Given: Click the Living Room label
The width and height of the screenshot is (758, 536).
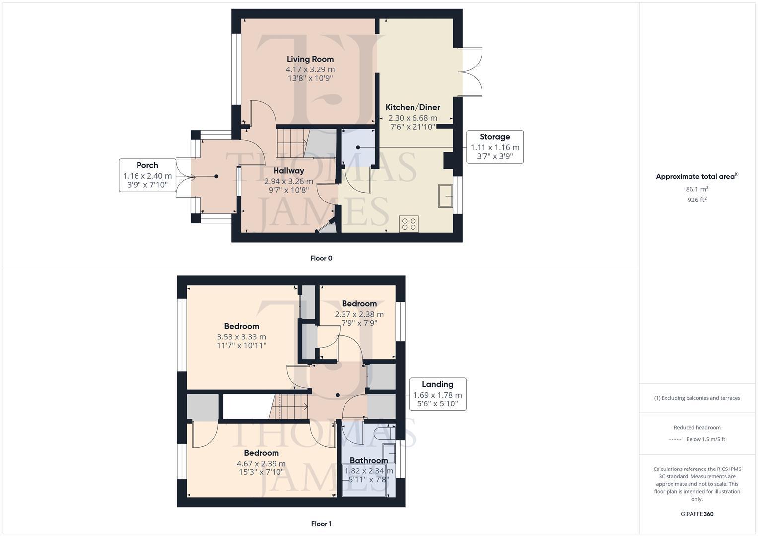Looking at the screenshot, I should click(x=310, y=59).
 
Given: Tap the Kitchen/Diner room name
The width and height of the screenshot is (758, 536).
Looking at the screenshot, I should click(x=413, y=107).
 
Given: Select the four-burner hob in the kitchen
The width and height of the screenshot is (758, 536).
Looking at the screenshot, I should click(x=409, y=224).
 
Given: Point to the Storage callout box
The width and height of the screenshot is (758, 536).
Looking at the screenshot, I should click(x=494, y=147).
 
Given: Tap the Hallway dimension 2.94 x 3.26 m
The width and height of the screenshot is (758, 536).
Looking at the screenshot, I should click(x=288, y=181).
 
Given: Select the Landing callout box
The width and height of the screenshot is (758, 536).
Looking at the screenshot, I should click(x=437, y=394).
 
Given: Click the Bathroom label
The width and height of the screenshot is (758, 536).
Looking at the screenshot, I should click(x=368, y=460).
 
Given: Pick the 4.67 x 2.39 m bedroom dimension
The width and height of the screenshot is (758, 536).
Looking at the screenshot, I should click(x=261, y=464).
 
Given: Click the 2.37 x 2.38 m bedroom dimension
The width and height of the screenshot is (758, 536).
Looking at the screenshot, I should click(x=359, y=314).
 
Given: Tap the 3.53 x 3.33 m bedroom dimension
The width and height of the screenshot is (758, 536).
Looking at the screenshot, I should click(x=241, y=337).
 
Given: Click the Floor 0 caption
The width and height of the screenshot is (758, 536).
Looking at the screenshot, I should click(x=321, y=258).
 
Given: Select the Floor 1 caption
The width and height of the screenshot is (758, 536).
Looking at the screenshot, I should click(x=321, y=524).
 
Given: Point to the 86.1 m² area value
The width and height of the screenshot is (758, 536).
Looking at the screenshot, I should click(x=697, y=189).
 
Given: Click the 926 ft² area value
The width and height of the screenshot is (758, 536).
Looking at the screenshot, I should click(x=697, y=200).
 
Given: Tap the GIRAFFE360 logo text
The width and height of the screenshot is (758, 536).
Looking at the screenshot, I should click(x=697, y=514).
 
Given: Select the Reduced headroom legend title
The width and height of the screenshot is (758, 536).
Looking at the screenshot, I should click(x=697, y=427).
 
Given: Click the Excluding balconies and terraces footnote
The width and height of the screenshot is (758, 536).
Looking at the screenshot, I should click(x=697, y=398).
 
